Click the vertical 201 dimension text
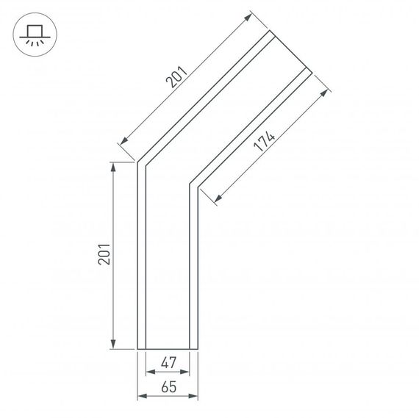[x=104, y=253]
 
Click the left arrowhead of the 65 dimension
[x=140, y=397]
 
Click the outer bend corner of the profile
[x=137, y=162]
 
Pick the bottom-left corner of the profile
[x=137, y=348]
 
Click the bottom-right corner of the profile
[x=198, y=348]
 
